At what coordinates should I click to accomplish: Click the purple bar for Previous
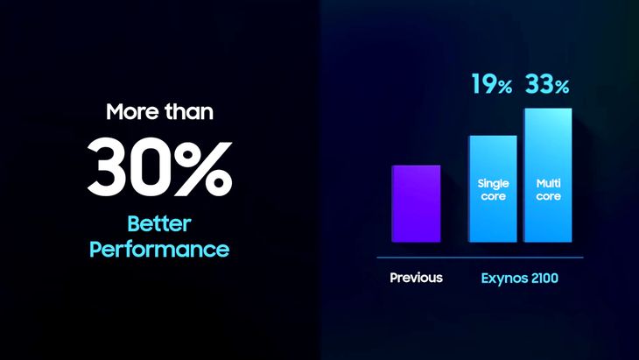(416, 203)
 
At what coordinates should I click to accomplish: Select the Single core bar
(493, 189)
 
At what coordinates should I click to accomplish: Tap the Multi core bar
(548, 175)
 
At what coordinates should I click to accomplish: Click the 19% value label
(492, 84)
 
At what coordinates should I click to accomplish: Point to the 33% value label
(547, 84)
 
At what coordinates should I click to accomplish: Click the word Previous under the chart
(416, 278)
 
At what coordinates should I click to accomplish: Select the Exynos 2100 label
(520, 279)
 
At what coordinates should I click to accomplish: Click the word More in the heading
(132, 112)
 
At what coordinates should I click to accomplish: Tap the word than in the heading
(189, 112)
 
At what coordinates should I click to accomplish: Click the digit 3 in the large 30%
(109, 166)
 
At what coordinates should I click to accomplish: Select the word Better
(159, 223)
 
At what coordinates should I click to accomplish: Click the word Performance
(159, 249)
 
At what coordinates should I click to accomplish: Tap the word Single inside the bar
(493, 184)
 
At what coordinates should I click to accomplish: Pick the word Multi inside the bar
(549, 183)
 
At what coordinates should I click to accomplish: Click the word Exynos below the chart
(504, 279)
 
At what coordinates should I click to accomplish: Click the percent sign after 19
(504, 87)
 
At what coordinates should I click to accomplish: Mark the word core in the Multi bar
(549, 196)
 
